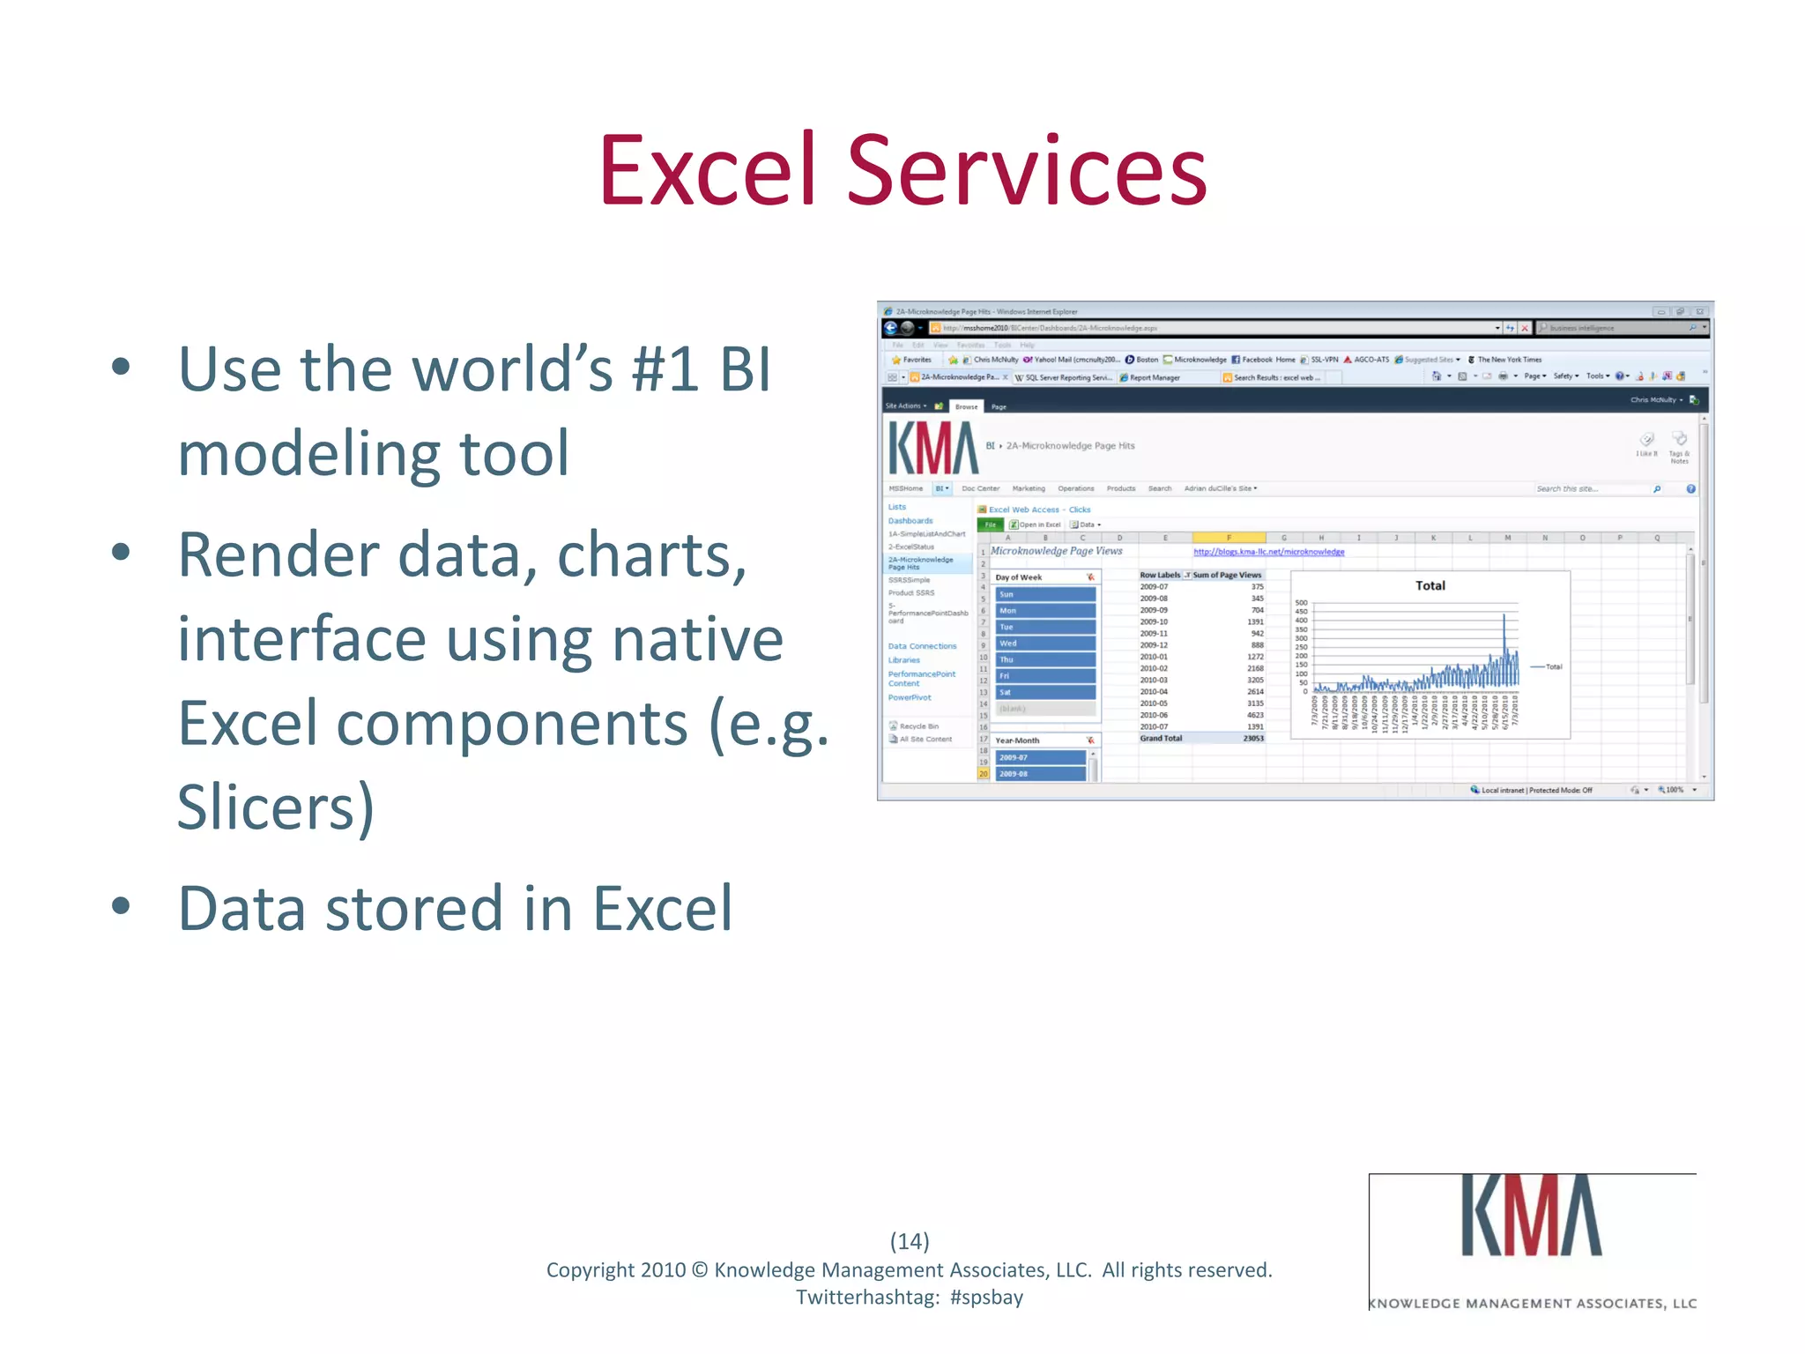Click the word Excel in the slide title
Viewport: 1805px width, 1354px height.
pos(708,171)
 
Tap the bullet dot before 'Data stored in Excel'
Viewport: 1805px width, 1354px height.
pos(122,906)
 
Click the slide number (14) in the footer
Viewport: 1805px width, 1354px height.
pos(909,1241)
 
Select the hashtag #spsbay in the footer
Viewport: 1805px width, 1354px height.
pos(986,1298)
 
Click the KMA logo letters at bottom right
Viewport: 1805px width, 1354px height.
pos(1531,1216)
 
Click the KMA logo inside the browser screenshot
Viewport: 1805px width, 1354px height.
pos(932,448)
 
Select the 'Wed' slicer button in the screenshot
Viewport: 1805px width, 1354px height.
pos(1044,644)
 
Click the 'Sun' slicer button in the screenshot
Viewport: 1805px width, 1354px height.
pos(1044,594)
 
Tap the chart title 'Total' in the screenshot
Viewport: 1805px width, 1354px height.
pos(1430,585)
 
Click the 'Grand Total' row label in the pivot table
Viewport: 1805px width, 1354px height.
pos(1161,739)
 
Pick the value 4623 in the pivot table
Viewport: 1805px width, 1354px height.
pos(1254,715)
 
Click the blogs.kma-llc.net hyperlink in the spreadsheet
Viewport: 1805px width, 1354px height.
pos(1268,552)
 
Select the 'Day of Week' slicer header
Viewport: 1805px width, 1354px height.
pos(1019,577)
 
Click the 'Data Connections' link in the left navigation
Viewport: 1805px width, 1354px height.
pos(922,646)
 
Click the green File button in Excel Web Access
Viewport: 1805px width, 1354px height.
pos(991,524)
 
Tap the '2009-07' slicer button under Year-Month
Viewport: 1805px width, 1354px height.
pos(1040,757)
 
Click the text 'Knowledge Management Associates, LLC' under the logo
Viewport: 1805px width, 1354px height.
pos(1532,1303)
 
